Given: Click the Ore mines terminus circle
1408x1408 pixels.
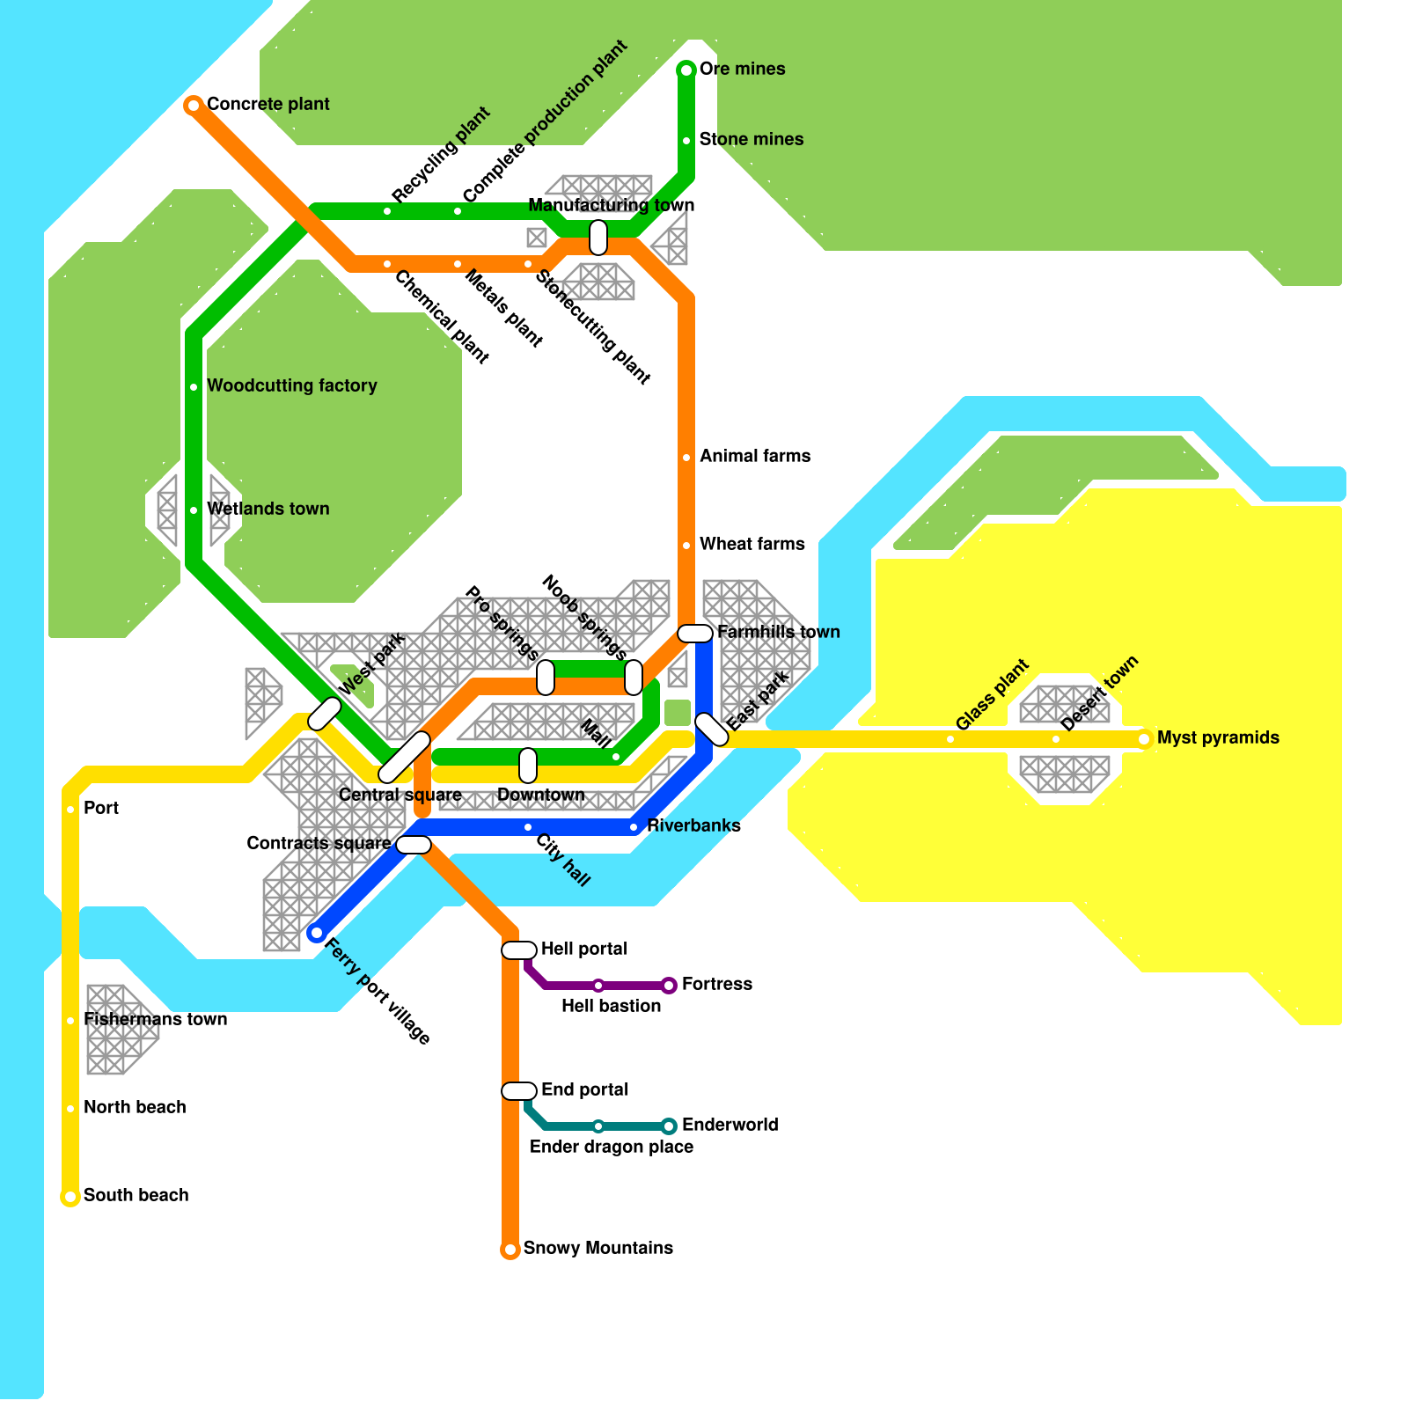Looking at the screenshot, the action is click(686, 70).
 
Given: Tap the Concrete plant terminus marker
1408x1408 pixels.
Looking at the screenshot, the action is click(194, 106).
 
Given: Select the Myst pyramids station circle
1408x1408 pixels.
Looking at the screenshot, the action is click(1144, 739).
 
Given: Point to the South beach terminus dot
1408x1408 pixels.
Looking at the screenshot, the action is click(70, 1197).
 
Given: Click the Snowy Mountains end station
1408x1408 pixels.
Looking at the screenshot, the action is click(510, 1250).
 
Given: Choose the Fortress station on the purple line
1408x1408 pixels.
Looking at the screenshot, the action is click(669, 986).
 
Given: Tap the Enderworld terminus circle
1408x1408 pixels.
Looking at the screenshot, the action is click(669, 1126).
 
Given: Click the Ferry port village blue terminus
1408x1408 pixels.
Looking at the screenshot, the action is click(317, 933).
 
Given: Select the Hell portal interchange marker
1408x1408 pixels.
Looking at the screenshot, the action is click(519, 950).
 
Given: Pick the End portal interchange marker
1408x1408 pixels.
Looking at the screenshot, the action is click(519, 1091).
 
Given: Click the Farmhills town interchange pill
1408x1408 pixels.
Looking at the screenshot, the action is click(695, 634).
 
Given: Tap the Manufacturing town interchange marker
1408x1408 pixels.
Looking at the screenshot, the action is click(598, 238).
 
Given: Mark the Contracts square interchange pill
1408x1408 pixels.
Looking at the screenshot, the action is click(414, 845).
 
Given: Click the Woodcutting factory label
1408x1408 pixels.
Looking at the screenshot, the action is click(291, 385).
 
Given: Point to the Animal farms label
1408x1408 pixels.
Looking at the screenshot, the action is click(754, 456).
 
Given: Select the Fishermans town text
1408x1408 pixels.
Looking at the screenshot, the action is click(155, 1019).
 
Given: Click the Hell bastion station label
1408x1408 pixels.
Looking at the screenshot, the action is click(611, 1006).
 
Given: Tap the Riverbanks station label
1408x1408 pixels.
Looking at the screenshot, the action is click(693, 825).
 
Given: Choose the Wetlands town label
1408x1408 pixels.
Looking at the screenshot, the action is click(268, 509).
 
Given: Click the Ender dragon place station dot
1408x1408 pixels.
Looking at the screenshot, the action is click(598, 1126).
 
